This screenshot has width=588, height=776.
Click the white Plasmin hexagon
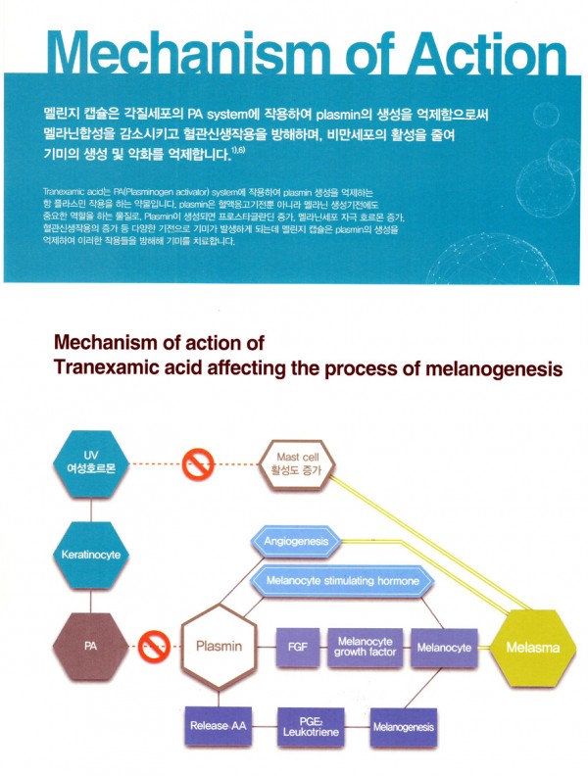pyautogui.click(x=227, y=646)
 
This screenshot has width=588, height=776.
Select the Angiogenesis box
pyautogui.click(x=294, y=540)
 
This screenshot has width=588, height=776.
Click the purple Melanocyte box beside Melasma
pyautogui.click(x=444, y=647)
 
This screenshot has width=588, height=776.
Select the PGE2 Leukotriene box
pyautogui.click(x=308, y=726)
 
